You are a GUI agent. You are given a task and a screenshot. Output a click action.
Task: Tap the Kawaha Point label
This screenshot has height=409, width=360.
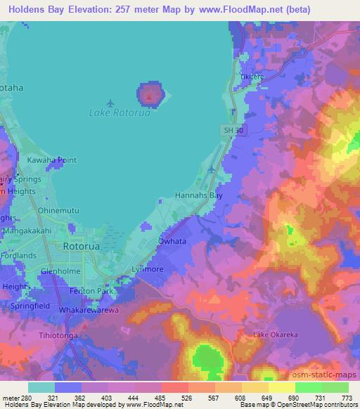click(49, 160)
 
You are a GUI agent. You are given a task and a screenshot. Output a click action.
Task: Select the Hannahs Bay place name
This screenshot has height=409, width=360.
click(198, 196)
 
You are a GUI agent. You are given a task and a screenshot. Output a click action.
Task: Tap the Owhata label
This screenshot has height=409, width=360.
click(172, 241)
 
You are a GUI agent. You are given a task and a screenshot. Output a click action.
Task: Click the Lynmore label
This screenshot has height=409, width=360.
click(147, 270)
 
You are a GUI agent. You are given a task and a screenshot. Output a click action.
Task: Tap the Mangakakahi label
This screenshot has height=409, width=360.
click(30, 230)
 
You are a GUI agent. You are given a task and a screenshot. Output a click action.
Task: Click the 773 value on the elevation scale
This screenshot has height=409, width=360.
click(346, 398)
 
